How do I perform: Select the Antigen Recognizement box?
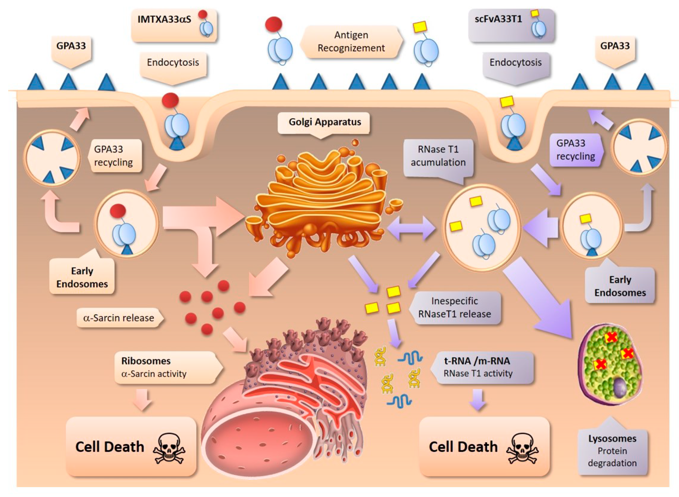click(x=351, y=41)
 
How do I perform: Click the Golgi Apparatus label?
click(x=325, y=122)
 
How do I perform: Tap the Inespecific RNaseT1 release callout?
click(x=455, y=308)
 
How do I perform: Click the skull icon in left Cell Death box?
click(x=169, y=448)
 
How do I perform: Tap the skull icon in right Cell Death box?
click(x=522, y=448)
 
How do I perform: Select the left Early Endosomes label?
click(x=82, y=277)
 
